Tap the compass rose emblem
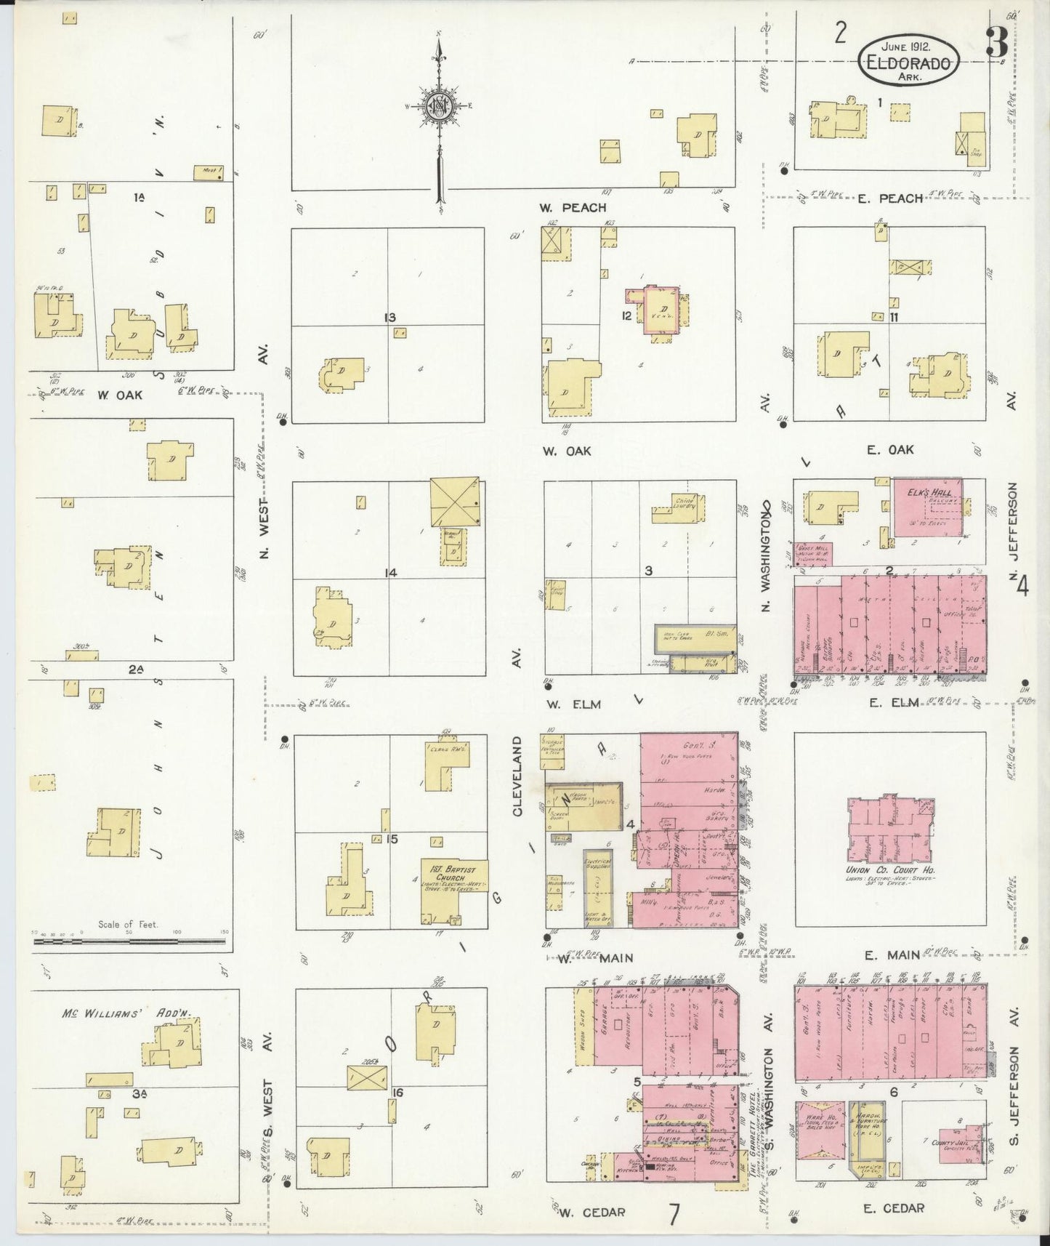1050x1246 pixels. [440, 107]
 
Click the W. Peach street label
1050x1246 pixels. [573, 208]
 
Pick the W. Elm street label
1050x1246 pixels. [573, 704]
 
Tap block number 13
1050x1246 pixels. [390, 317]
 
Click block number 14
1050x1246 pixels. [390, 573]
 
